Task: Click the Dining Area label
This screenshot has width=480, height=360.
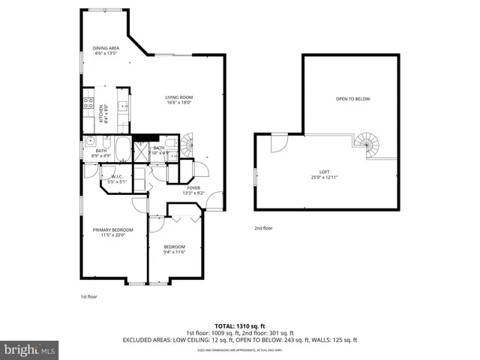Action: pos(106,51)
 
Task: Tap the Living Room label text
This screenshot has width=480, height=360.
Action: pos(179,100)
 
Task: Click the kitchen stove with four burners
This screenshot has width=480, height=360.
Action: pos(88,103)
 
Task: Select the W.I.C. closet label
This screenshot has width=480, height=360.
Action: pos(117,178)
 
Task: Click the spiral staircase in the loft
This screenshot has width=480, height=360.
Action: pos(367,144)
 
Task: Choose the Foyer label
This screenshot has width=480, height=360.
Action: pos(193,190)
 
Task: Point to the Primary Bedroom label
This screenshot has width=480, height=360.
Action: pos(112,232)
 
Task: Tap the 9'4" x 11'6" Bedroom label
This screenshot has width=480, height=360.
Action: pos(174,249)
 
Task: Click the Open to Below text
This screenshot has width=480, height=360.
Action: pos(352,98)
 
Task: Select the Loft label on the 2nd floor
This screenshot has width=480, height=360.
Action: pos(325,175)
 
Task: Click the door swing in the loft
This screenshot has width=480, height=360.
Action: pos(278,142)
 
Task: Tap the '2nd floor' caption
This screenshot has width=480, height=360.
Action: pos(262,228)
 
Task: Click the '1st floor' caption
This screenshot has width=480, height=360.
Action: pos(89,297)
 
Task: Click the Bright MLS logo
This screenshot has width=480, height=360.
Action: pos(30,349)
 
